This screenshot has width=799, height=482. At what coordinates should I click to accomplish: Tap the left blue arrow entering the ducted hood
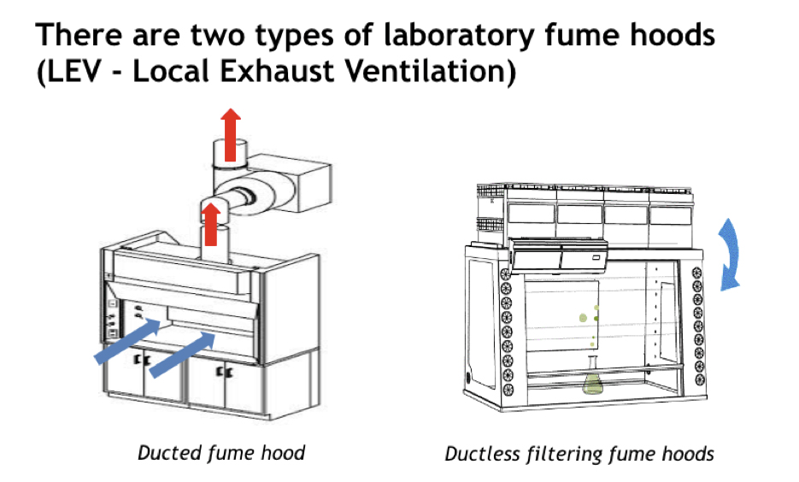[x=126, y=342]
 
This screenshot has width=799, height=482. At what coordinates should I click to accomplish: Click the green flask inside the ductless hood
[x=592, y=381]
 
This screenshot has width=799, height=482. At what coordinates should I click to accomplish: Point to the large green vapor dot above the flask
[x=583, y=318]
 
